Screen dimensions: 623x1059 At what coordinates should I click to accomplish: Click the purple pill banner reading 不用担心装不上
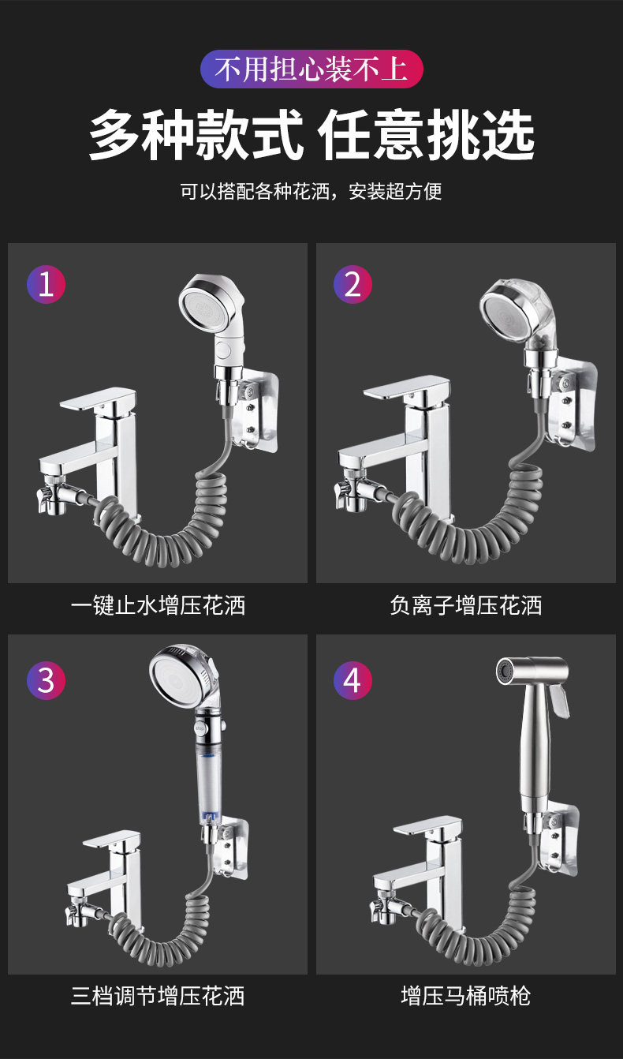(x=311, y=69)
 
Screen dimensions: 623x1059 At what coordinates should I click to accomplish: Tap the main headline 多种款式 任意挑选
(x=311, y=135)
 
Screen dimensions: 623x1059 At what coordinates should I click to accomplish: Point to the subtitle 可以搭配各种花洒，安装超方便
(x=311, y=191)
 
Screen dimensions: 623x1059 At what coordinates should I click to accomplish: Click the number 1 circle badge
(x=46, y=284)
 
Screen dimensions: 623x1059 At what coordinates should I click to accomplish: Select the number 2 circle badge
(x=353, y=284)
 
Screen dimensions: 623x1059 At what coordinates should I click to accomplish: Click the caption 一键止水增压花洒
(x=158, y=605)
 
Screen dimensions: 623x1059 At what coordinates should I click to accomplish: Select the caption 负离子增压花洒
(x=465, y=605)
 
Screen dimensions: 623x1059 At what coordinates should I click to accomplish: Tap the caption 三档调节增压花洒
(x=158, y=996)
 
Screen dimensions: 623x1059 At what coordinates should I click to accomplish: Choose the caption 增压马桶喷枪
(x=465, y=996)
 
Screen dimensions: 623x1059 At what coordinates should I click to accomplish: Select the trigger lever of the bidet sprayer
(x=559, y=701)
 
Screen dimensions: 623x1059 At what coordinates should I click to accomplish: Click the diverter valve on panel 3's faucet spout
(x=80, y=904)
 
